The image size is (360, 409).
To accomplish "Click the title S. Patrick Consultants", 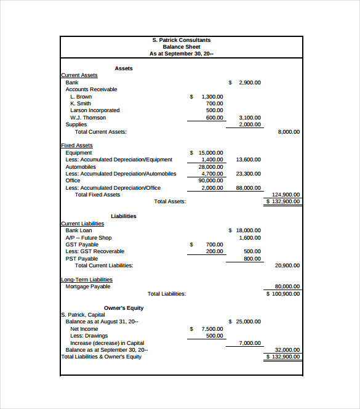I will [181, 40].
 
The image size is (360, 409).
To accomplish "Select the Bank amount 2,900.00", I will [249, 83].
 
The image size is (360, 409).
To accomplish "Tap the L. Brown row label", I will [81, 97].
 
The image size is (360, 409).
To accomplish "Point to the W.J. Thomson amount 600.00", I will [214, 118].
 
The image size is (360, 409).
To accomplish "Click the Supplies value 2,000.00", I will [249, 124].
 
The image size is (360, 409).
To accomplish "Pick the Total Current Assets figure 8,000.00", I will [289, 132].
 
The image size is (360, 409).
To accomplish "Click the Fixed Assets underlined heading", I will [77, 145].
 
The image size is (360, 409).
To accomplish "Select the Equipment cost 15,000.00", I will [210, 153].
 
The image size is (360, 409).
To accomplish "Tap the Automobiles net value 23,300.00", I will [248, 174].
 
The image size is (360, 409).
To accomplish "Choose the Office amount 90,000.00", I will [210, 180].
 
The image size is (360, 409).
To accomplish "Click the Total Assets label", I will [170, 201].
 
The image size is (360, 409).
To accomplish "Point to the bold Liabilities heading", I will [124, 216].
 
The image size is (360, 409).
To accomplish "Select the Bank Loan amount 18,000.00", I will [248, 230].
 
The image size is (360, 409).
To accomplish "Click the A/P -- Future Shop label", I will [89, 237].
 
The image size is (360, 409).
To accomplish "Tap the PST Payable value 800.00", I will [251, 259].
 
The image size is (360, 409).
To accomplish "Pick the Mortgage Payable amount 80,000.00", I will [287, 286].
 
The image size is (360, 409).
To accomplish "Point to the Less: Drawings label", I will [86, 336].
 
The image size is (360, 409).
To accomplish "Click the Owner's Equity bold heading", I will [124, 308].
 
